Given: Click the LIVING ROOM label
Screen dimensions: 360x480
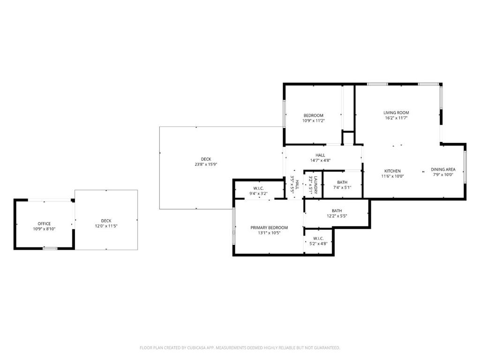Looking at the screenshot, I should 396,112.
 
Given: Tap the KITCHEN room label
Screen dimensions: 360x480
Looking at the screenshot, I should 392,171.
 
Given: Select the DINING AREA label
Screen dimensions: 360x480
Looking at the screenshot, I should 443,169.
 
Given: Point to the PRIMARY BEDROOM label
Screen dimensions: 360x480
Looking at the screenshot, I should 269,227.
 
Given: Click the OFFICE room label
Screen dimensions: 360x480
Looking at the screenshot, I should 44,224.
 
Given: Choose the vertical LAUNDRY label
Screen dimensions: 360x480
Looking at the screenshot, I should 316,185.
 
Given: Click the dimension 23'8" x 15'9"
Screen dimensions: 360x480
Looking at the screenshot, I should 206,165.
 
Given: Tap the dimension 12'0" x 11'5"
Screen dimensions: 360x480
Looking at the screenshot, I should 106,226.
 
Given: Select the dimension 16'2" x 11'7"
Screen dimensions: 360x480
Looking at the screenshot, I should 396,118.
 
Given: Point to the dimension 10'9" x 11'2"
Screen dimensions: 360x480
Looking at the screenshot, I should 313,120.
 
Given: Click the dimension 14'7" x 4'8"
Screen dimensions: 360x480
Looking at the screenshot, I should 320,160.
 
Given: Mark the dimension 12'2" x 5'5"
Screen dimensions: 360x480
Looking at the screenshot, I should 337,216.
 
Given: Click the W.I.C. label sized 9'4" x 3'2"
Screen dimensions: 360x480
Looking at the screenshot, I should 258,188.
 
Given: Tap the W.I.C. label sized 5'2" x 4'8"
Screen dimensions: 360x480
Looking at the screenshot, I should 318,238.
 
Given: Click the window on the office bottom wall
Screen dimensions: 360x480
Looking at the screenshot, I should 50,248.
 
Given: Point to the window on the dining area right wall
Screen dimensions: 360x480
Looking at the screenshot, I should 465,166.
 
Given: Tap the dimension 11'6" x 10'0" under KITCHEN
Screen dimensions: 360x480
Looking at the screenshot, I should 392,176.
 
